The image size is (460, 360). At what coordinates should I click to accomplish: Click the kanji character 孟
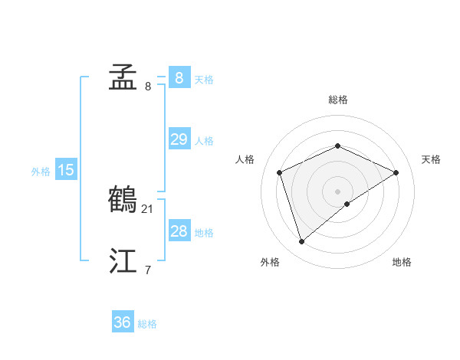tap(123, 77)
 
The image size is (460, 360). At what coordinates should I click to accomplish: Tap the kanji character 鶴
tap(123, 199)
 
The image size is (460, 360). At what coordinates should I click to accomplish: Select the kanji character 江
tap(123, 261)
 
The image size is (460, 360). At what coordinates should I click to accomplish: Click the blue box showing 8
tap(179, 78)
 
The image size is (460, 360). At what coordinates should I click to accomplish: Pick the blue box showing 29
tap(179, 139)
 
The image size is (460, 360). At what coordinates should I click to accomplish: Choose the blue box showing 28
tap(179, 231)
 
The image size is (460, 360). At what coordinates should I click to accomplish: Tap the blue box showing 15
tap(66, 170)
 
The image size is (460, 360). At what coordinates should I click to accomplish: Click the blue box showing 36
tap(123, 322)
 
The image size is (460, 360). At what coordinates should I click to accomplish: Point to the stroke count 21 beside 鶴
tap(149, 208)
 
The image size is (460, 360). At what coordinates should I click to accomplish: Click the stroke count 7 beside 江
tap(148, 270)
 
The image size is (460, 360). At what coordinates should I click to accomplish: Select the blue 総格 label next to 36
tap(147, 324)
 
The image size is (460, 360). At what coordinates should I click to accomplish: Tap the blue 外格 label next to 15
tap(41, 172)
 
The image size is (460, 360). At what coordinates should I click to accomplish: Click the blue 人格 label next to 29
tap(204, 141)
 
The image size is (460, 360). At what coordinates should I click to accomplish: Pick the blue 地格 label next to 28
tap(204, 233)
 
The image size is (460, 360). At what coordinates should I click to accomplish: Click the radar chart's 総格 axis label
tap(337, 100)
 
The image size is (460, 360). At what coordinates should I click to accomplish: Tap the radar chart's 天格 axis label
tap(432, 159)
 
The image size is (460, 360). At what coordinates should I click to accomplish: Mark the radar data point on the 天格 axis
tap(396, 172)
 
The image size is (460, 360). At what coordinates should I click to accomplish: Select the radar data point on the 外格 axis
tap(302, 242)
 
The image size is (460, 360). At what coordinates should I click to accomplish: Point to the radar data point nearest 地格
tap(347, 204)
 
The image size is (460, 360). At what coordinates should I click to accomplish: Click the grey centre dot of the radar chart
tap(337, 191)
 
